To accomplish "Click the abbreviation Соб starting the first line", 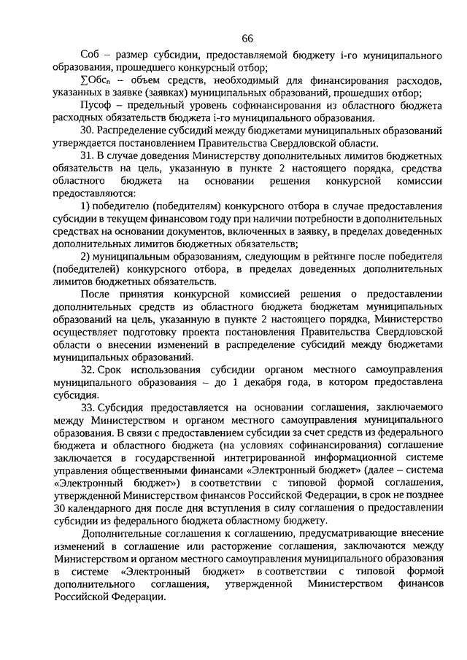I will point(91,56).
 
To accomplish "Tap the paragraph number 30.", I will point(88,131).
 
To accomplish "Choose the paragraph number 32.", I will point(88,370).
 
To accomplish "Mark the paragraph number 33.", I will point(88,408).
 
